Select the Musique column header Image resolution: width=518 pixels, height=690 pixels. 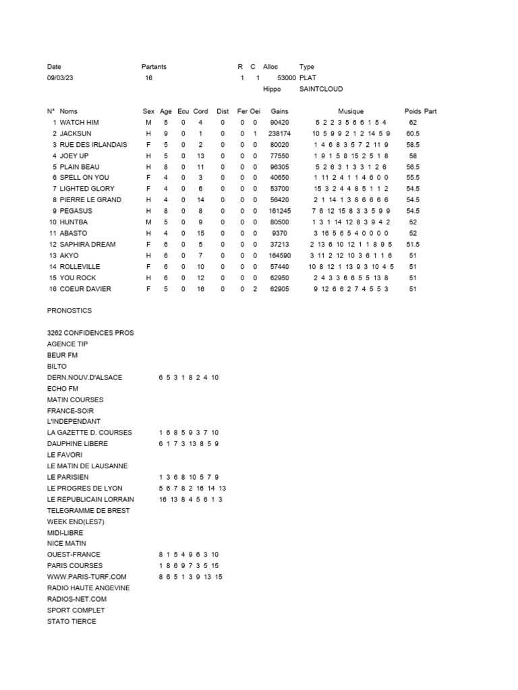pos(351,111)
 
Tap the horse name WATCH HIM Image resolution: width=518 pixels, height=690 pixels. pos(79,123)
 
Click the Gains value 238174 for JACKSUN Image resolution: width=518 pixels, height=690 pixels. pos(279,133)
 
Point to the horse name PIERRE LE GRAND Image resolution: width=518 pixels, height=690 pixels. pos(90,200)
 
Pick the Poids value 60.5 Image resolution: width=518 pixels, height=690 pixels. pos(413,133)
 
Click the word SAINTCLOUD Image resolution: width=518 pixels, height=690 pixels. pos(321,89)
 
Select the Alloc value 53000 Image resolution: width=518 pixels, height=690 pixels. pos(287,78)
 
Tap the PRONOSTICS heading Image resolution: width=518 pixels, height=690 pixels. pos(69,311)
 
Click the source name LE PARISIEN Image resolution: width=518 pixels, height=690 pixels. pos(68,477)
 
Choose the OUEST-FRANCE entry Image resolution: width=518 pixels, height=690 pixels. pos(74,555)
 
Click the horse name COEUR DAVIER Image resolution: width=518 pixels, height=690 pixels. pos(86,289)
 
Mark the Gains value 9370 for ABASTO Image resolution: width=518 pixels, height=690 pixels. pos(279,233)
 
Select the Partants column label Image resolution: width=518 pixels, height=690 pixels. pos(154,67)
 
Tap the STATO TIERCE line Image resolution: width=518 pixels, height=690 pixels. pos(71,621)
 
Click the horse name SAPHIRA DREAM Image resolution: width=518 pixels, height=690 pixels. pos(88,245)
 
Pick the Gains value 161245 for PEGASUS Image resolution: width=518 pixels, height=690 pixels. pos(279,211)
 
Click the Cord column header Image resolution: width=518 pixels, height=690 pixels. pos(200,111)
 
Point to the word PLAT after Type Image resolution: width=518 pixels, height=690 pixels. pos(308,78)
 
